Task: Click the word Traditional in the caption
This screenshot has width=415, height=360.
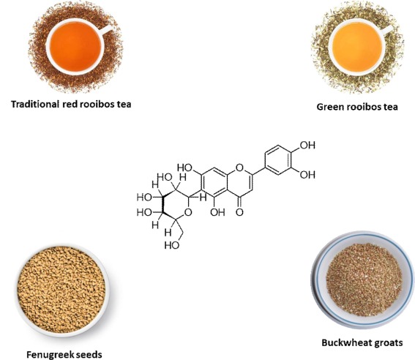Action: tap(35, 104)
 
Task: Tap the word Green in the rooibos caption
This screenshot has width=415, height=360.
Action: tap(328, 107)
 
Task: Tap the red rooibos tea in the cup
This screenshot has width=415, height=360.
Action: tap(75, 47)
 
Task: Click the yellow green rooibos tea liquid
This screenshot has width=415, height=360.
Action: tap(357, 47)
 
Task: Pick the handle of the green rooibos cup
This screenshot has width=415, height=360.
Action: tap(388, 29)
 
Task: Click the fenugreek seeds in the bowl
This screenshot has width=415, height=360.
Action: tap(61, 289)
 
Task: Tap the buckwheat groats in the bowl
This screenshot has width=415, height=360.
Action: tap(364, 280)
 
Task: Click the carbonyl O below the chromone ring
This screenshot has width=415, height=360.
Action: tap(239, 212)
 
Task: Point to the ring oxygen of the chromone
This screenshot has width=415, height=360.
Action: tap(239, 168)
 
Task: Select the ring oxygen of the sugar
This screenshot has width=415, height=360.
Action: tap(187, 212)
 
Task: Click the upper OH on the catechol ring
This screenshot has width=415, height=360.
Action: tap(307, 145)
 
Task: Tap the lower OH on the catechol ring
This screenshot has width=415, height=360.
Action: tap(307, 175)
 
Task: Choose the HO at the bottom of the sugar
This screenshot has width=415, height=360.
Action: tap(172, 245)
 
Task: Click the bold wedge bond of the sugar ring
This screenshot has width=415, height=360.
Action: tap(163, 204)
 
